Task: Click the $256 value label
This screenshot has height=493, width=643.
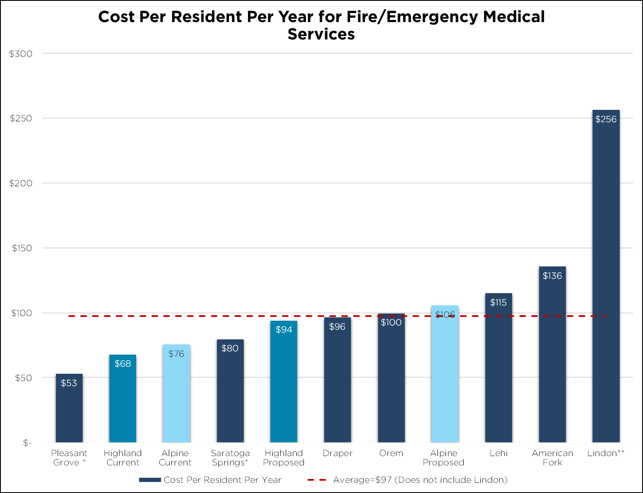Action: [x=606, y=119]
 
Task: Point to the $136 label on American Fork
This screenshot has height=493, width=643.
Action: [x=552, y=276]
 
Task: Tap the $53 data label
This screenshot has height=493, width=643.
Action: [x=69, y=383]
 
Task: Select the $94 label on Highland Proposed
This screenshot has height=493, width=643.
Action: [x=284, y=330]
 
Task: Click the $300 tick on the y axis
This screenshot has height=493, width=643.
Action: [x=21, y=54]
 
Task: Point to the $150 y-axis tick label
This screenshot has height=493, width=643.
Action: [x=22, y=248]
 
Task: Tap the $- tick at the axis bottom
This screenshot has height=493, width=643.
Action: [x=27, y=443]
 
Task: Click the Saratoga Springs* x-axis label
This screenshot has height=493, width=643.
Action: [x=230, y=458]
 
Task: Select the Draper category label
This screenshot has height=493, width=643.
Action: [x=337, y=453]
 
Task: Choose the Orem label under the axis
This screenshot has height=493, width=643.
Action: [x=391, y=453]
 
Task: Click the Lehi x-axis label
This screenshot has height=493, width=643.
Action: [x=498, y=453]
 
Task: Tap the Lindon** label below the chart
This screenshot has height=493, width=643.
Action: [x=606, y=453]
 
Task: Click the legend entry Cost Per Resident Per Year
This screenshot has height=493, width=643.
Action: [x=222, y=480]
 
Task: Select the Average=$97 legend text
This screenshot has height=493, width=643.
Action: [x=420, y=480]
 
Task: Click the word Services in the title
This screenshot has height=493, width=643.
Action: [x=321, y=34]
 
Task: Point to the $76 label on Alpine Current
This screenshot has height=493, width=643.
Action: [x=176, y=353]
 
